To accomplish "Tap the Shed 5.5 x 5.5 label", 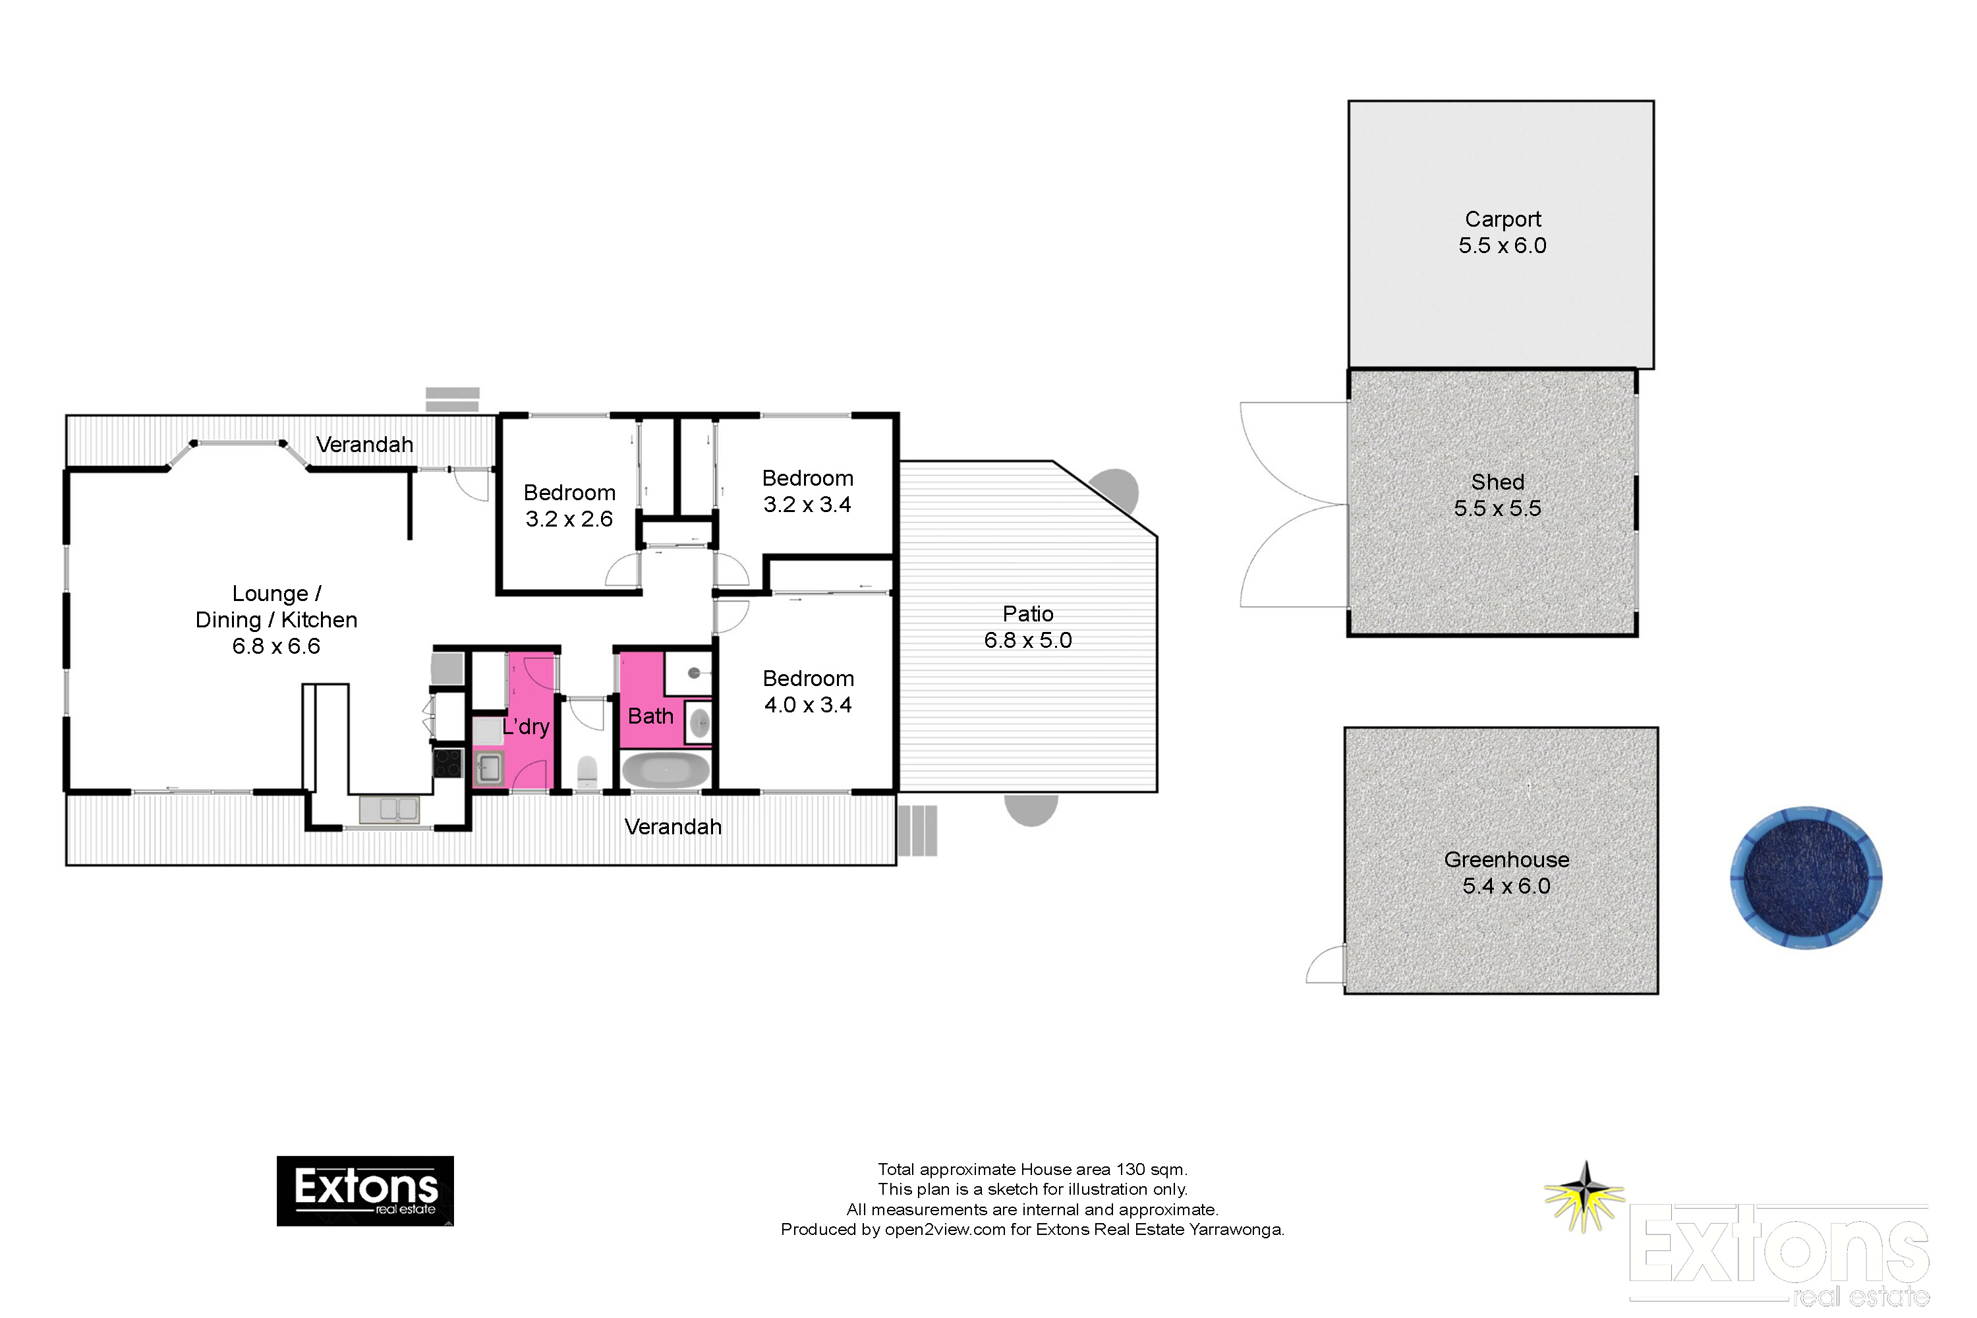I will pos(1497,495).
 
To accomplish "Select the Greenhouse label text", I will pos(1506,860).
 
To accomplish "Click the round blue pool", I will pos(1806,878).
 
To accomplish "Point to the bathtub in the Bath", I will pos(666,770).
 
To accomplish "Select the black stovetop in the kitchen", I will pos(447,763).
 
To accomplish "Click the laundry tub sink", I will pos(489,768).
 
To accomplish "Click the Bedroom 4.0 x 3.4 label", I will pos(808,692).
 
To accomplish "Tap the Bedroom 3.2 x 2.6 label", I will pos(569,506).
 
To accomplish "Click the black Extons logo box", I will pos(365,1190).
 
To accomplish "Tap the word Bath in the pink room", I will pos(650,716).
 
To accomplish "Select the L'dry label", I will pos(526,726).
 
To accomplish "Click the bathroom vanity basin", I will pos(699,723).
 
